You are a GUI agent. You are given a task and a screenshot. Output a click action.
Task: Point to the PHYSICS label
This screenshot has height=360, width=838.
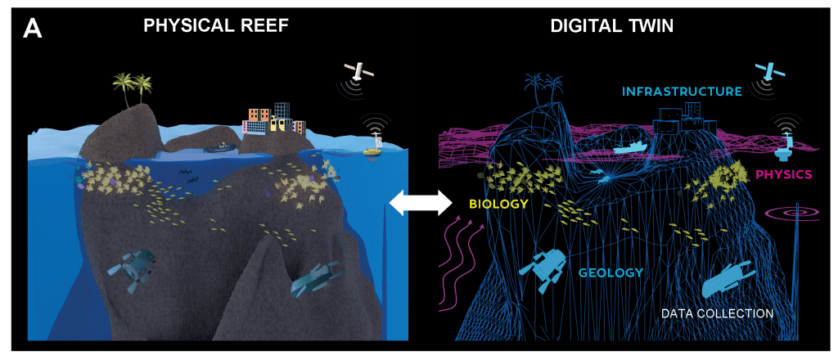[785, 173]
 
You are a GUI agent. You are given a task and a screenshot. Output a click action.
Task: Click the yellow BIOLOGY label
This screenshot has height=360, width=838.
[498, 204]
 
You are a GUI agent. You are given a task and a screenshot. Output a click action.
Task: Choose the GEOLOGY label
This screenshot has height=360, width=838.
[610, 272]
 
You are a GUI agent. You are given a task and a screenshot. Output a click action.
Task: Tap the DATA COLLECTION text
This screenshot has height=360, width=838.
[717, 313]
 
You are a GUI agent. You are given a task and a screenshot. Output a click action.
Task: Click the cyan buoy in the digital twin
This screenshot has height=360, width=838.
[785, 147]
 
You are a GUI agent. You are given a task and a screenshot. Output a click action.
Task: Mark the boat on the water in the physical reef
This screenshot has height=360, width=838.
[219, 147]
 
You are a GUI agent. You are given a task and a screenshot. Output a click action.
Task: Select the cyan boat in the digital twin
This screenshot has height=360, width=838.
[632, 147]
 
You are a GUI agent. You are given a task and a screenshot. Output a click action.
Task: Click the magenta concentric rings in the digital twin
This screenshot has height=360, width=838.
[795, 213]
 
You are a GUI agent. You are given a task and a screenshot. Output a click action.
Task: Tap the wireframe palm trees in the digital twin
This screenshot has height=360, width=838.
[543, 88]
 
